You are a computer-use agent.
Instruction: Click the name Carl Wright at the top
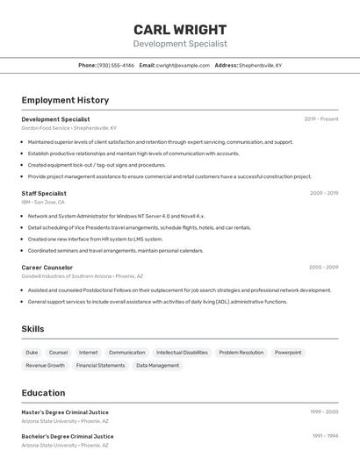click(180, 29)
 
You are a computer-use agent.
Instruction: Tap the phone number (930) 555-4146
click(115, 65)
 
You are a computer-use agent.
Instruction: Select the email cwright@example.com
click(183, 65)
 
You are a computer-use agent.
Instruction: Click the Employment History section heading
click(65, 100)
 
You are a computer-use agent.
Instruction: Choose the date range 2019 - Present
click(320, 119)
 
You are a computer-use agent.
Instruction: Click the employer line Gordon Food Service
click(68, 128)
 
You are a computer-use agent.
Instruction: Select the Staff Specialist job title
click(44, 193)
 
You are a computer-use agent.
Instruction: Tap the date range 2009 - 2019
click(323, 193)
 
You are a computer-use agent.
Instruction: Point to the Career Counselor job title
click(47, 268)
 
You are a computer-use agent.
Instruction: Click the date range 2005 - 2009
click(323, 268)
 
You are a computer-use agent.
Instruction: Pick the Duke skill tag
click(32, 352)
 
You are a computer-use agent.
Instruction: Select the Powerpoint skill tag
click(287, 352)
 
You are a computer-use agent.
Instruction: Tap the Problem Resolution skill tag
click(241, 352)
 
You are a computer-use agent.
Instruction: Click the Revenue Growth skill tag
click(45, 365)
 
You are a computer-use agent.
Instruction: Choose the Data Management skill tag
click(157, 365)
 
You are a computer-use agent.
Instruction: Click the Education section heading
click(43, 393)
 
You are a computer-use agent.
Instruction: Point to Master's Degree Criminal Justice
click(65, 412)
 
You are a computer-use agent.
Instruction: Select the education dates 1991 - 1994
click(324, 436)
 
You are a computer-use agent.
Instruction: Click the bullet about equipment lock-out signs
click(97, 165)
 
